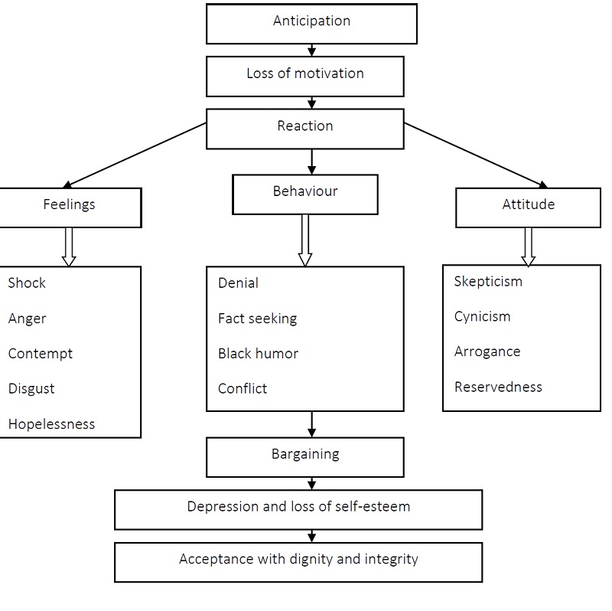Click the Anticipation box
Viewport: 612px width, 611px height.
click(311, 23)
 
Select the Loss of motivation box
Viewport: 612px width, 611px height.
click(305, 75)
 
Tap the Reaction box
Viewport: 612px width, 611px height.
click(305, 127)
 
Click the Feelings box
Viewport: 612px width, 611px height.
click(70, 207)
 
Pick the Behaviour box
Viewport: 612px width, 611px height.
click(304, 193)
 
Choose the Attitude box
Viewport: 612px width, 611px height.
click(528, 207)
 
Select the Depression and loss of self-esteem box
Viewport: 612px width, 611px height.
click(298, 508)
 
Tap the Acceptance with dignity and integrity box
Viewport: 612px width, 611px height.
click(298, 561)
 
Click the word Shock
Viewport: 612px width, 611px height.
click(27, 283)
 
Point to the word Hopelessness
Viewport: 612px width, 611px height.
click(51, 424)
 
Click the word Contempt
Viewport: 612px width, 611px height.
click(40, 354)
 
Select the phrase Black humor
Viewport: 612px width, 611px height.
click(258, 354)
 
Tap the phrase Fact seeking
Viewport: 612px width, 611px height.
click(257, 319)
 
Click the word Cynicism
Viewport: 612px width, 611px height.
click(482, 317)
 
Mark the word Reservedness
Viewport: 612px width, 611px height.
click(498, 387)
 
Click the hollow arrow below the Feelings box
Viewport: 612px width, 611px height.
click(69, 247)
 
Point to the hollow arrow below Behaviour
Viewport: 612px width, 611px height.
click(305, 240)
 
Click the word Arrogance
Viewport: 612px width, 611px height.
click(487, 352)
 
